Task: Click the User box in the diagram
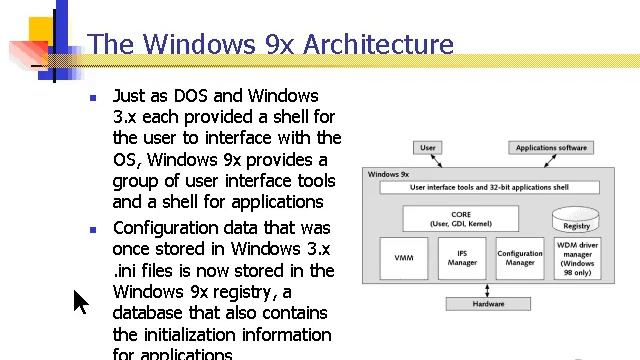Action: [x=427, y=148]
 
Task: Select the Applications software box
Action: [x=551, y=148]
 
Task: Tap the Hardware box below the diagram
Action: [x=488, y=303]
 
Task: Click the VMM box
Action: [x=404, y=258]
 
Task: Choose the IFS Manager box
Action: [x=462, y=258]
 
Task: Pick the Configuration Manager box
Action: [x=520, y=258]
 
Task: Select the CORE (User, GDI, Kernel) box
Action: [x=461, y=218]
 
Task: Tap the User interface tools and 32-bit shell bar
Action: [x=490, y=187]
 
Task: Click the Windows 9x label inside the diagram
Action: [x=389, y=174]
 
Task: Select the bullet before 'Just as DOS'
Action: [x=92, y=98]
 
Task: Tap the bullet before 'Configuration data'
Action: [x=92, y=230]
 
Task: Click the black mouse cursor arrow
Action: [x=80, y=300]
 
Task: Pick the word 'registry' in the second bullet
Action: [x=243, y=291]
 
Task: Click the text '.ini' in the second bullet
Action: [x=127, y=270]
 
